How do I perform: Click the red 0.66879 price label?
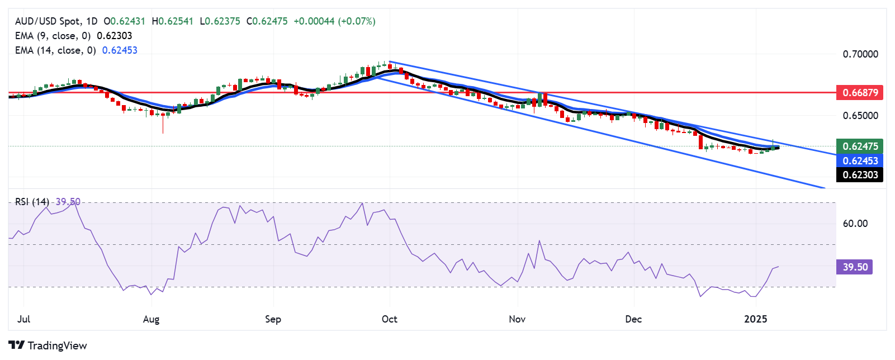(860, 92)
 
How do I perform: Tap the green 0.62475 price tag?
(860, 146)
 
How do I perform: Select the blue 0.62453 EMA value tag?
(860, 160)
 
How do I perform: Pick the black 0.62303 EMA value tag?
(860, 175)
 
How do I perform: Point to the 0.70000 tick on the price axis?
(860, 54)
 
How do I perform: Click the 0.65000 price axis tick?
(860, 116)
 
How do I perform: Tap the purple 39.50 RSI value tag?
(855, 267)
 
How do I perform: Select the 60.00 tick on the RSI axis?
(855, 224)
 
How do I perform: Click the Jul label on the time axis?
(23, 319)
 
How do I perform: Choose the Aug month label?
(151, 319)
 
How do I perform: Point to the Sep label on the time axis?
(273, 319)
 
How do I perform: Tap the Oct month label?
(389, 319)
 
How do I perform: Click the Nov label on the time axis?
(517, 319)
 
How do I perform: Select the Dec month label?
(633, 319)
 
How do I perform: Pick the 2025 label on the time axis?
(755, 319)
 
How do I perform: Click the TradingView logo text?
(48, 345)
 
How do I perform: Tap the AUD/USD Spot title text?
(48, 21)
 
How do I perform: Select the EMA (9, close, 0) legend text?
(53, 36)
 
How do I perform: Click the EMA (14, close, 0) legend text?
(55, 50)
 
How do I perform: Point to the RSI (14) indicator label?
(32, 202)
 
